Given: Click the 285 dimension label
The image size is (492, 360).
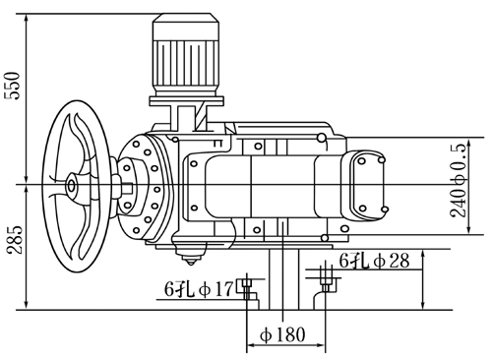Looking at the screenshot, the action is tap(16, 240).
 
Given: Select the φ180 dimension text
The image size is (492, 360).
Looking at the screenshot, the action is tap(282, 335).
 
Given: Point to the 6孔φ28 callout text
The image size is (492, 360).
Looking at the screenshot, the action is tap(374, 262).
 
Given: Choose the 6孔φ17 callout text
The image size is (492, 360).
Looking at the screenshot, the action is tap(200, 289).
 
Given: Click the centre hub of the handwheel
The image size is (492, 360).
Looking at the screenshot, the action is tap(71, 186).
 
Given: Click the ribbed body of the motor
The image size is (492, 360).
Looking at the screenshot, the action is tap(186, 63).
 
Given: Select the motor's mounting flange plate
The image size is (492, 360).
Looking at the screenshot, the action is tap(187, 100).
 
